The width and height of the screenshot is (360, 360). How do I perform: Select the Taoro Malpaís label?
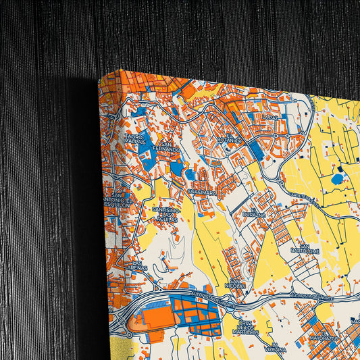point(134,139)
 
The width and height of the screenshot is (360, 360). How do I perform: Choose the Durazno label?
point(254,213)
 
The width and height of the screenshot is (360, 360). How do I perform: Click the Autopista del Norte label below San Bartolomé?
point(311,295)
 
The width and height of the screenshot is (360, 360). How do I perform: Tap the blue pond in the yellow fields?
point(336,179)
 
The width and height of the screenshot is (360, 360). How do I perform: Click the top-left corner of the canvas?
point(101,76)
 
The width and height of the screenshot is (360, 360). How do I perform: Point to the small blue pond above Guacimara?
point(190,175)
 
